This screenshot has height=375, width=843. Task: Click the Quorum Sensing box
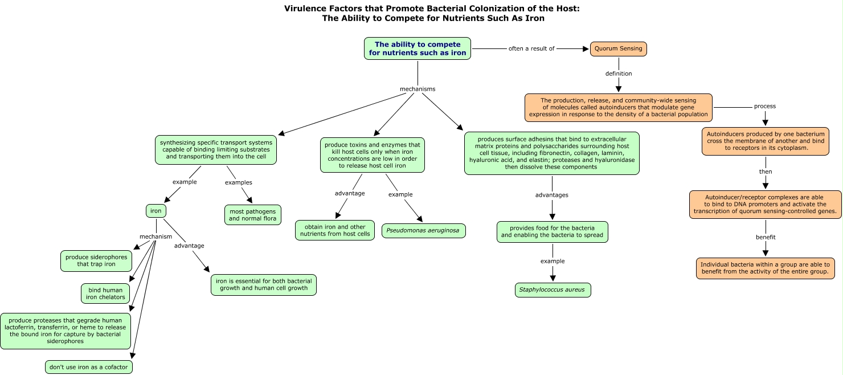coord(619,48)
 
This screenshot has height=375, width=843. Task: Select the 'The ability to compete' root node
coord(418,48)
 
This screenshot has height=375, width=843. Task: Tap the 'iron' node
coord(156,211)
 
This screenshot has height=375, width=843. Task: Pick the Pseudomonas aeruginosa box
coord(423,230)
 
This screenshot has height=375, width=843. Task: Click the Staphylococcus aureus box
coord(553,290)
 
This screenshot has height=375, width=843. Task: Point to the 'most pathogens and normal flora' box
coord(252,215)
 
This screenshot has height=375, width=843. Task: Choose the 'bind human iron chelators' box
coord(105,294)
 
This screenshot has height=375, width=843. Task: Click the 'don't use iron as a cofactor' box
coord(89,367)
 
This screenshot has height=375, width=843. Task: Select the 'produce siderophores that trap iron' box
coord(96,260)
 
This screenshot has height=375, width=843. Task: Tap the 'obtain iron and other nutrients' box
coord(335,230)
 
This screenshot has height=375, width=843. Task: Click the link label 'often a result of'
coord(531,48)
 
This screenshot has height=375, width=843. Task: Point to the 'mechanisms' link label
coord(418,89)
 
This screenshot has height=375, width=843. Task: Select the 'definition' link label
coord(619,74)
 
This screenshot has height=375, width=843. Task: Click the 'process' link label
coord(765,106)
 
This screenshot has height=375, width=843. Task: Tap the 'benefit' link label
coord(766,237)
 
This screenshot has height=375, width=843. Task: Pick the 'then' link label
coord(766,172)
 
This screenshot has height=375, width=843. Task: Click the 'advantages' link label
coord(552,195)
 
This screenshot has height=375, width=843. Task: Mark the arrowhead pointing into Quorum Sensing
coord(586,48)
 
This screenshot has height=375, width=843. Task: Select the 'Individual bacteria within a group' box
coord(765,268)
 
